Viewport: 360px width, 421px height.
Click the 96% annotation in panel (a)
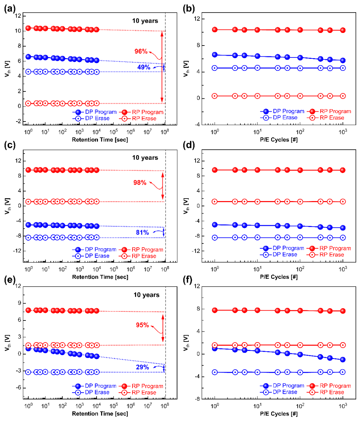pyautogui.click(x=141, y=51)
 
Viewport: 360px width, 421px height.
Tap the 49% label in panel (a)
pyautogui.click(x=144, y=67)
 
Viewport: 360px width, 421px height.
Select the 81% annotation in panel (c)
pyautogui.click(x=142, y=233)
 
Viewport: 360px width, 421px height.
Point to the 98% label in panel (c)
pyautogui.click(x=140, y=182)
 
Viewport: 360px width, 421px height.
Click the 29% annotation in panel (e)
pyautogui.click(x=142, y=367)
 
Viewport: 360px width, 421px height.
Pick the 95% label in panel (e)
pyautogui.click(x=142, y=325)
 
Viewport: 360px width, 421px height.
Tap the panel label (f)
pyautogui.click(x=188, y=280)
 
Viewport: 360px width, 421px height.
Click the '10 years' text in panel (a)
pyautogui.click(x=145, y=21)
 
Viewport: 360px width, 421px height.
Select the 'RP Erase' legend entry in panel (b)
pyautogui.click(x=327, y=118)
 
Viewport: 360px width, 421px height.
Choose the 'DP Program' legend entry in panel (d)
pyautogui.click(x=282, y=248)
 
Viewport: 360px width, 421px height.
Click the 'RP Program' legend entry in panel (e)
pyautogui.click(x=141, y=386)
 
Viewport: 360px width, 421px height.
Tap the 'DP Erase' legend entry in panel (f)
pyautogui.click(x=278, y=392)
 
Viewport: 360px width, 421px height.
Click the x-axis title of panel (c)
pyautogui.click(x=100, y=277)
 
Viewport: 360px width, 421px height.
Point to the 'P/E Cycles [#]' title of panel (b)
pyautogui.click(x=279, y=140)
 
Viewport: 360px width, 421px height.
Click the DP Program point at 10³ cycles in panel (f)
pyautogui.click(x=343, y=360)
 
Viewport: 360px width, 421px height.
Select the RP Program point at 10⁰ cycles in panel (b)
pyautogui.click(x=215, y=29)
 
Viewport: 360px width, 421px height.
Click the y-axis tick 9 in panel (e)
pyautogui.click(x=20, y=303)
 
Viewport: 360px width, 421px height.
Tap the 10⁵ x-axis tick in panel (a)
pyautogui.click(x=114, y=132)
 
